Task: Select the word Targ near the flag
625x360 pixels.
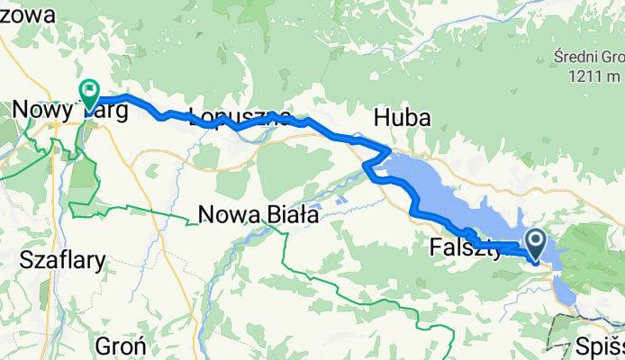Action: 105,112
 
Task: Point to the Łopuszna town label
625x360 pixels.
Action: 239,117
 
